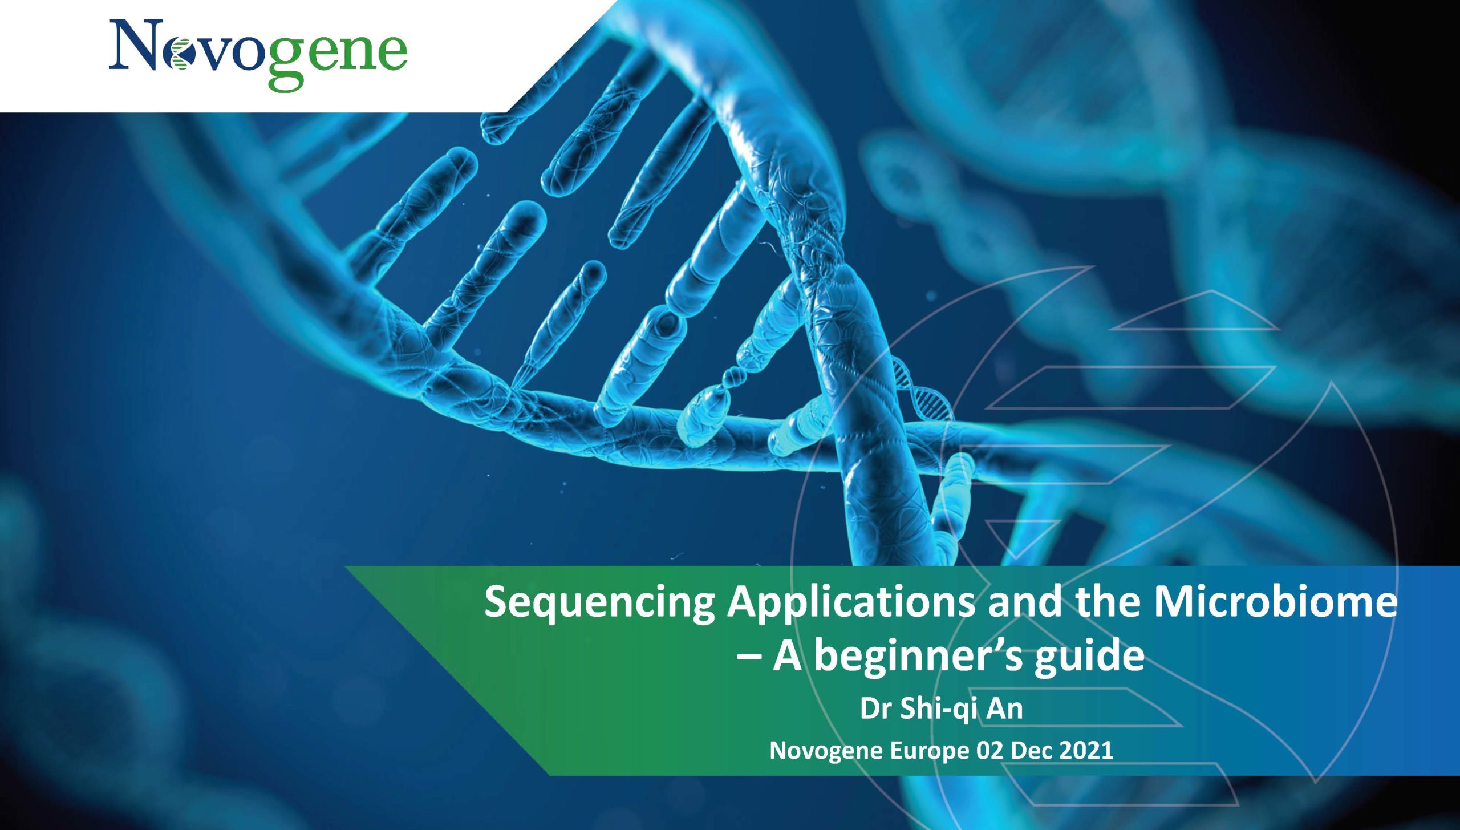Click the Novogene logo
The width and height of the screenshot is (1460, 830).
click(x=258, y=54)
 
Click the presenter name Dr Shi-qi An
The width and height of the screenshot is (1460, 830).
click(x=942, y=710)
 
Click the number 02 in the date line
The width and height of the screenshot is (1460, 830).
click(x=989, y=751)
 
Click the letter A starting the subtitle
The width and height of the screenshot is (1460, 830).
click(x=788, y=656)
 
